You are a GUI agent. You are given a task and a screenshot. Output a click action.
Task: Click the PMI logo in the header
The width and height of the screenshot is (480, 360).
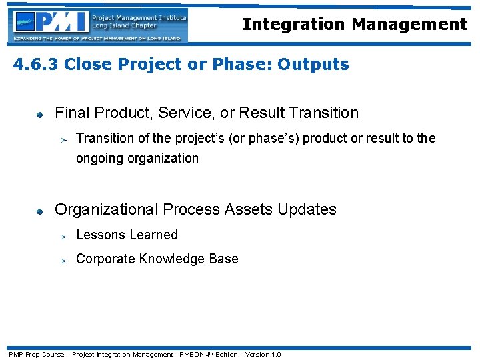[50, 24]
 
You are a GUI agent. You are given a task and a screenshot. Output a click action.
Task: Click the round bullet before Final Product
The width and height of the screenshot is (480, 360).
[40, 114]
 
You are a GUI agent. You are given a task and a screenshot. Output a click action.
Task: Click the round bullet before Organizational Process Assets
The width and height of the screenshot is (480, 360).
[40, 211]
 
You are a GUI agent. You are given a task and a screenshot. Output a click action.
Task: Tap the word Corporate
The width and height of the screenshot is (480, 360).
[105, 259]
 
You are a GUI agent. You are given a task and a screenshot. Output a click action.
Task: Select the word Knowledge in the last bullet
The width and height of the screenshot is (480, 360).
[172, 259]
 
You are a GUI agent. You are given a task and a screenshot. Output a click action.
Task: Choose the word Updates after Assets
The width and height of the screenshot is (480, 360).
[307, 209]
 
